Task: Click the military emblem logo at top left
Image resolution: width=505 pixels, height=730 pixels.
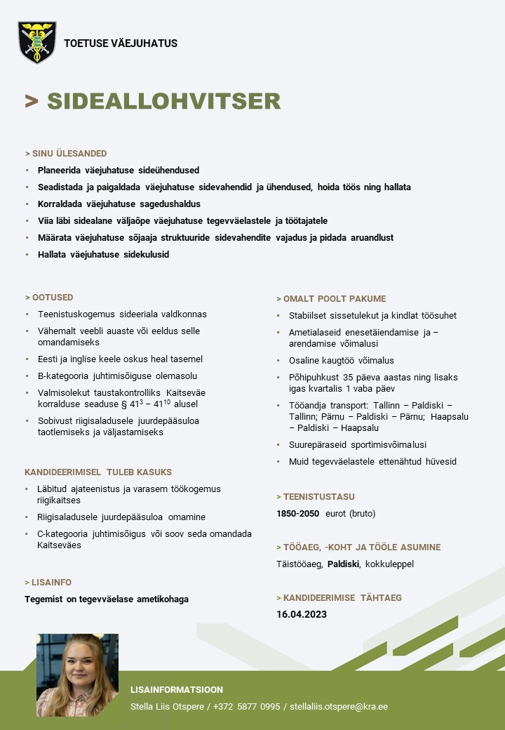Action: click(x=36, y=42)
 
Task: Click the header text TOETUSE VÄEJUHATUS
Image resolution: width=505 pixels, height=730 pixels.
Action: click(x=121, y=44)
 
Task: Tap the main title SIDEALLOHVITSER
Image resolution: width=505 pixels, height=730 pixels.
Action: click(x=163, y=101)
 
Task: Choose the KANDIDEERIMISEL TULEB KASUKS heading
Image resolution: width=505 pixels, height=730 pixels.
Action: click(x=98, y=472)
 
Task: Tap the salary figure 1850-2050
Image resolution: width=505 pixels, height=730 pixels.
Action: click(x=298, y=513)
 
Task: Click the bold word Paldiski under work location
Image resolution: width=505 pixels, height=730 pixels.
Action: click(x=344, y=564)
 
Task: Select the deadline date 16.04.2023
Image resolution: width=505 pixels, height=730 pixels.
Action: click(x=302, y=614)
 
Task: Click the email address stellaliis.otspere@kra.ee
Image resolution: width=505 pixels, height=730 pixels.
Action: click(x=339, y=706)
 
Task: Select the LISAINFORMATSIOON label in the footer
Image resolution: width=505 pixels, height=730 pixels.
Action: click(x=177, y=690)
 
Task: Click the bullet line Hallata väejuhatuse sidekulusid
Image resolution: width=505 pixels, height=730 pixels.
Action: click(x=103, y=255)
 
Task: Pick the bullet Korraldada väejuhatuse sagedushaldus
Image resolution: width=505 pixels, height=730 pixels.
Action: click(x=119, y=204)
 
